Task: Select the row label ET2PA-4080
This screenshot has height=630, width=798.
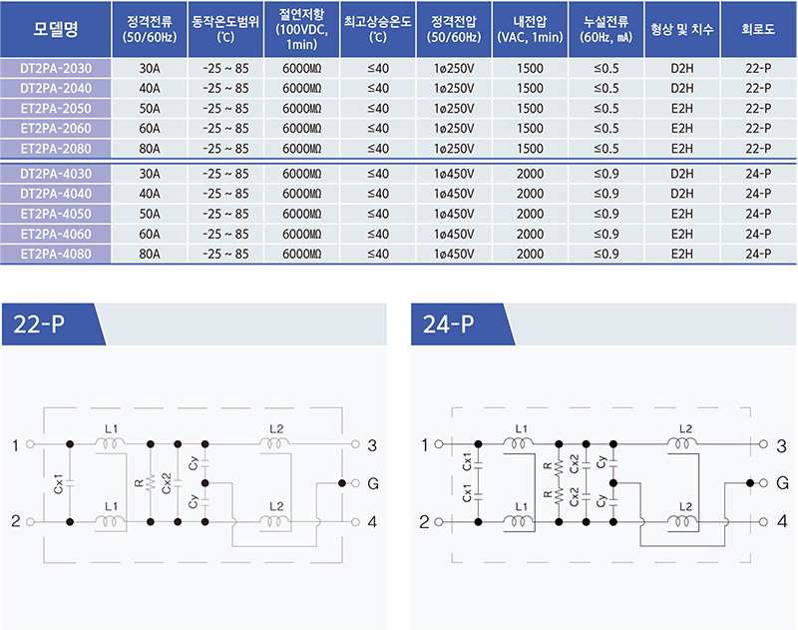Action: (x=56, y=254)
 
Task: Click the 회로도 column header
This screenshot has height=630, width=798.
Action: (x=759, y=30)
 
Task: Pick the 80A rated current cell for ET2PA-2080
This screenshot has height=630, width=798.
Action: (x=150, y=149)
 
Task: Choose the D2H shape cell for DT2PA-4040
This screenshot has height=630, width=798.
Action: (x=682, y=194)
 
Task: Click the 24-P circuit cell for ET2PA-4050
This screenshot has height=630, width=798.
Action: (x=759, y=214)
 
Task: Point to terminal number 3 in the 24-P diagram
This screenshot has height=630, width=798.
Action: (x=782, y=444)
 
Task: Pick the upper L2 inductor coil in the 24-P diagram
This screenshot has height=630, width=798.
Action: (x=683, y=444)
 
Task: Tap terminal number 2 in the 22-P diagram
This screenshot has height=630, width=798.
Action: (x=15, y=521)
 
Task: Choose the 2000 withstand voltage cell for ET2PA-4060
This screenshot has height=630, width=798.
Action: (x=531, y=234)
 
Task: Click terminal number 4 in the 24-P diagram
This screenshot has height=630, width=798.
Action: (x=782, y=521)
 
